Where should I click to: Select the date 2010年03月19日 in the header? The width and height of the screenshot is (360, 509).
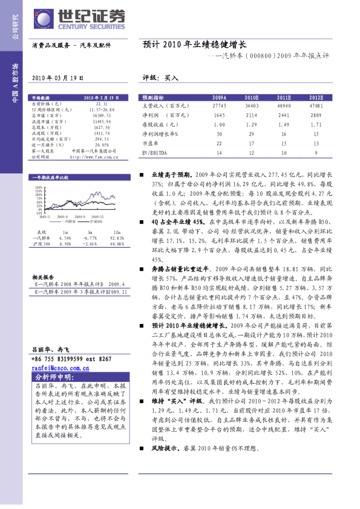(x=53, y=79)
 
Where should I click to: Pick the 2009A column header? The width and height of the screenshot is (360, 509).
(x=220, y=97)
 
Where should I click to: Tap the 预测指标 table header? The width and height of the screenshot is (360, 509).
(x=154, y=97)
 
